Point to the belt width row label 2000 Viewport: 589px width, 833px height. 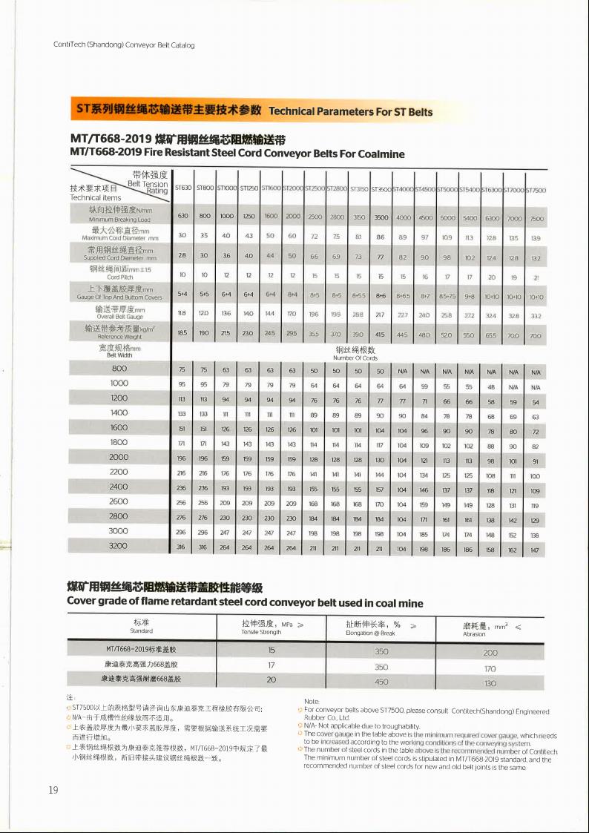pyautogui.click(x=119, y=457)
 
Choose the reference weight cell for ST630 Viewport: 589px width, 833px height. pyautogui.click(x=182, y=335)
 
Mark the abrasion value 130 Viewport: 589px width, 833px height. pyautogui.click(x=490, y=682)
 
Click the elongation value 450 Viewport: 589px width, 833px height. pyautogui.click(x=381, y=681)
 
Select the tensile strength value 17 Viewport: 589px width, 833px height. pyautogui.click(x=272, y=665)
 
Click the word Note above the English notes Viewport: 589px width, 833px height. pyautogui.click(x=312, y=701)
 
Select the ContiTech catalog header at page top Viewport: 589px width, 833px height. pyautogui.click(x=124, y=45)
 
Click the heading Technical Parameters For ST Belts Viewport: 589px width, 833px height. pyautogui.click(x=350, y=111)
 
